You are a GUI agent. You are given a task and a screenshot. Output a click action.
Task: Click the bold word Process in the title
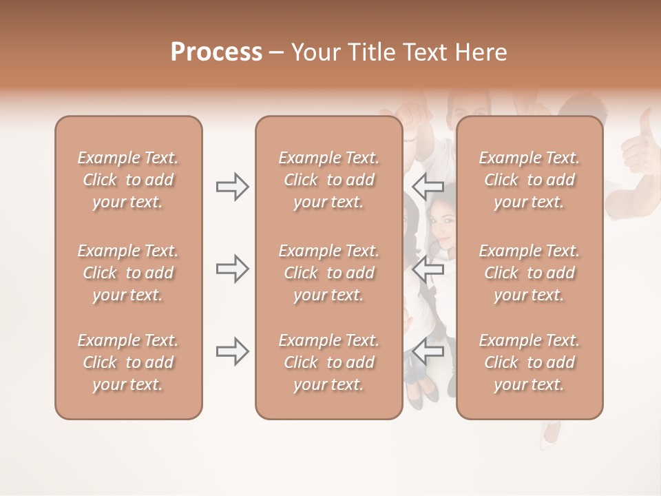pyautogui.click(x=216, y=52)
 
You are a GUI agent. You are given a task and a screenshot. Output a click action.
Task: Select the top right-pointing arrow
pyautogui.click(x=232, y=187)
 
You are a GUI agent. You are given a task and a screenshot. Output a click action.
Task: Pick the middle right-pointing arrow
pyautogui.click(x=232, y=269)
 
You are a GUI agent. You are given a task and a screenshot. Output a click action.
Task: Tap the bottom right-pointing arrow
pyautogui.click(x=232, y=352)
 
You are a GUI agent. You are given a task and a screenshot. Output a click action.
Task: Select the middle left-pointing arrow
pyautogui.click(x=428, y=269)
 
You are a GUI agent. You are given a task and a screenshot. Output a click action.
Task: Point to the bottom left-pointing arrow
pyautogui.click(x=428, y=352)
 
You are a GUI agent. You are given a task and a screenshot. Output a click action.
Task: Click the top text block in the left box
pyautogui.click(x=128, y=180)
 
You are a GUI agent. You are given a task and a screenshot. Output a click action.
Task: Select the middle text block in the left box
pyautogui.click(x=128, y=273)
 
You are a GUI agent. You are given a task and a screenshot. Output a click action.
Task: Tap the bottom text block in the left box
pyautogui.click(x=128, y=362)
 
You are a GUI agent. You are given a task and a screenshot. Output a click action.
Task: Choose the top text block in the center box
pyautogui.click(x=328, y=180)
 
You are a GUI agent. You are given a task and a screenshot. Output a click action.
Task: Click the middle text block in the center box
pyautogui.click(x=328, y=273)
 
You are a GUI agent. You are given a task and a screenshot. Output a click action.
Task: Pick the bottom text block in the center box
pyautogui.click(x=328, y=362)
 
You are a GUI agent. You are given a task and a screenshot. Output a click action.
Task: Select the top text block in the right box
pyautogui.click(x=529, y=180)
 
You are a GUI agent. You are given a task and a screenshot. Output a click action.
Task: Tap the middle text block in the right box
pyautogui.click(x=529, y=273)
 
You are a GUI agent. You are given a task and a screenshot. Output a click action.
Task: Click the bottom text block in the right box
pyautogui.click(x=529, y=362)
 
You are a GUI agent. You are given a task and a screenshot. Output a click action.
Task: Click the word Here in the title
pyautogui.click(x=481, y=52)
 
